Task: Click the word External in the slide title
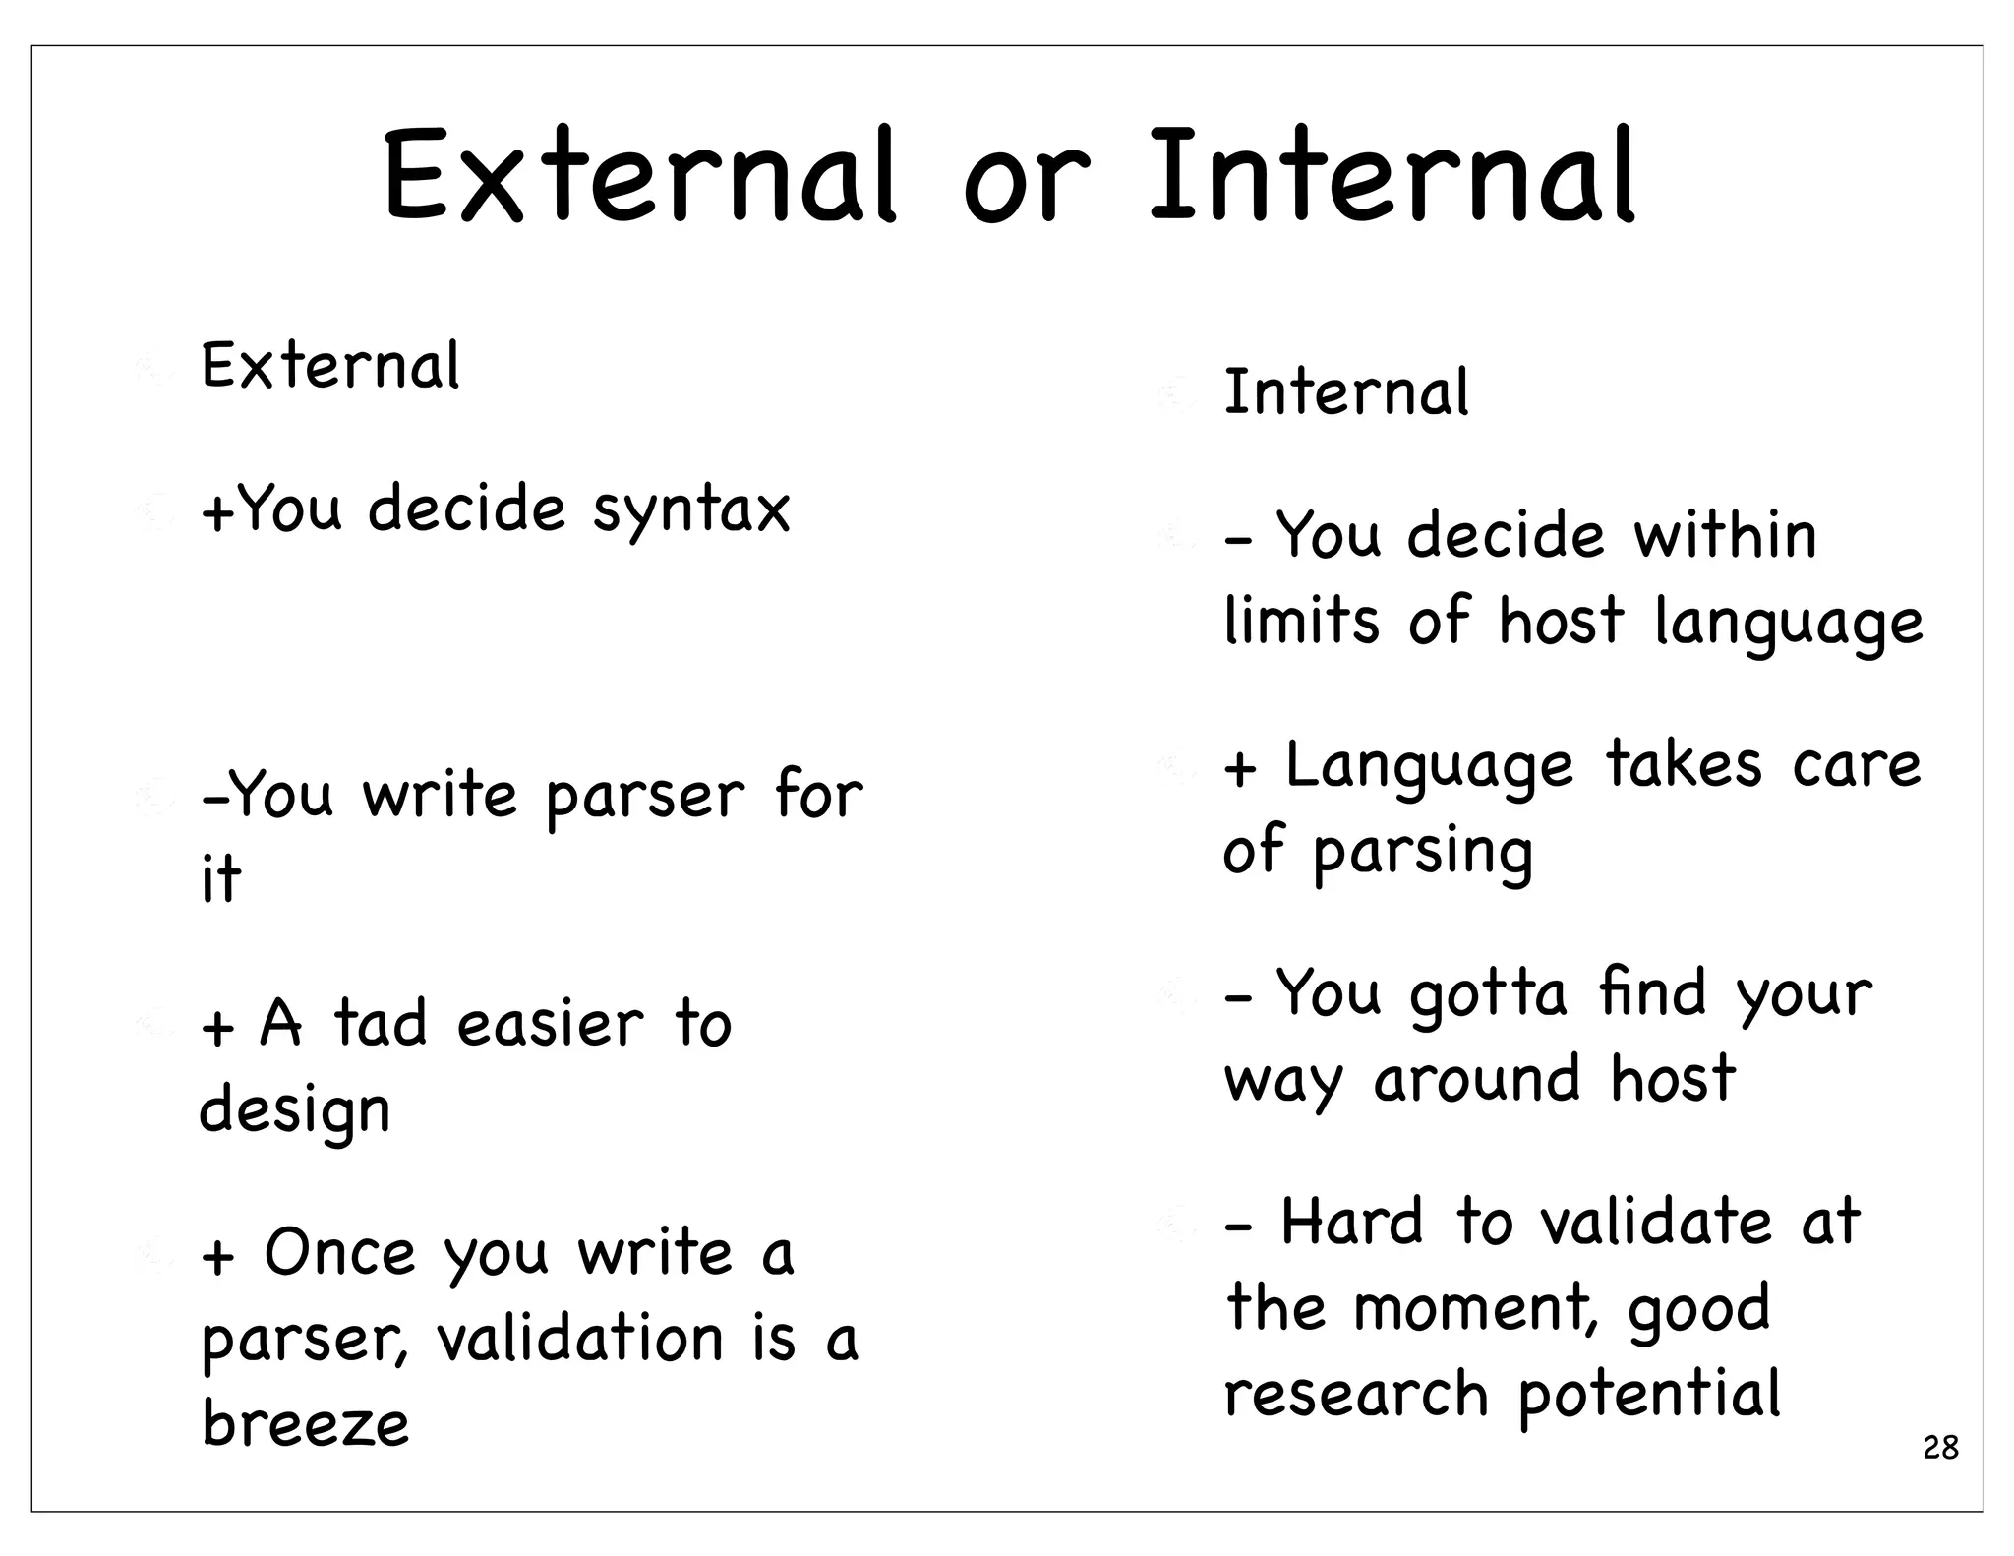pos(639,177)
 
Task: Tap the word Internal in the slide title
pos(1392,177)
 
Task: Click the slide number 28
pos(1940,1448)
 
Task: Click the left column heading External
pos(330,366)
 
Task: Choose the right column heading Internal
pos(1346,391)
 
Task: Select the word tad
pos(381,1023)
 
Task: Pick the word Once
pos(339,1253)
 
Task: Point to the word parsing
pos(1422,852)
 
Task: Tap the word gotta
pos(1488,994)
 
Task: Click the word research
pos(1356,1393)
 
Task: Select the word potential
pos(1649,1395)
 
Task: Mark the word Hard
pos(1352,1223)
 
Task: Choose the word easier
pos(551,1023)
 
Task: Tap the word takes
pos(1683,764)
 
